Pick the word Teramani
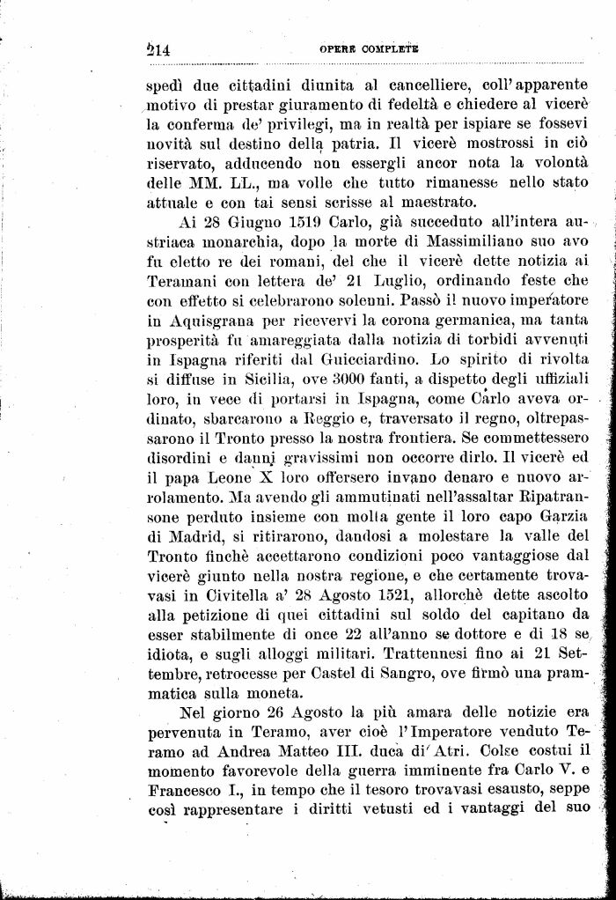click(x=180, y=281)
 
